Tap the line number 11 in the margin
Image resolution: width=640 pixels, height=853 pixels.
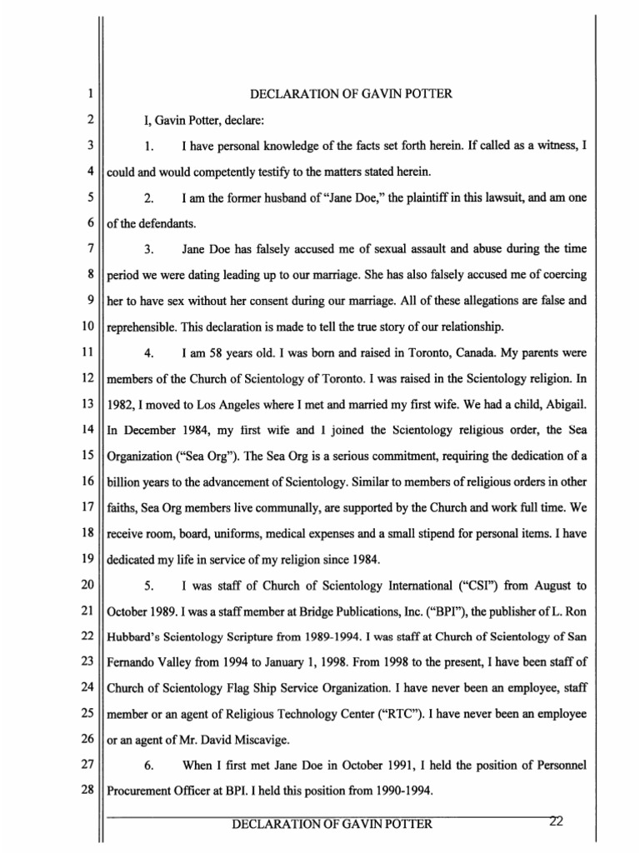[x=87, y=332]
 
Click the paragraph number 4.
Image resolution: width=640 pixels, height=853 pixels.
[x=149, y=332]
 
